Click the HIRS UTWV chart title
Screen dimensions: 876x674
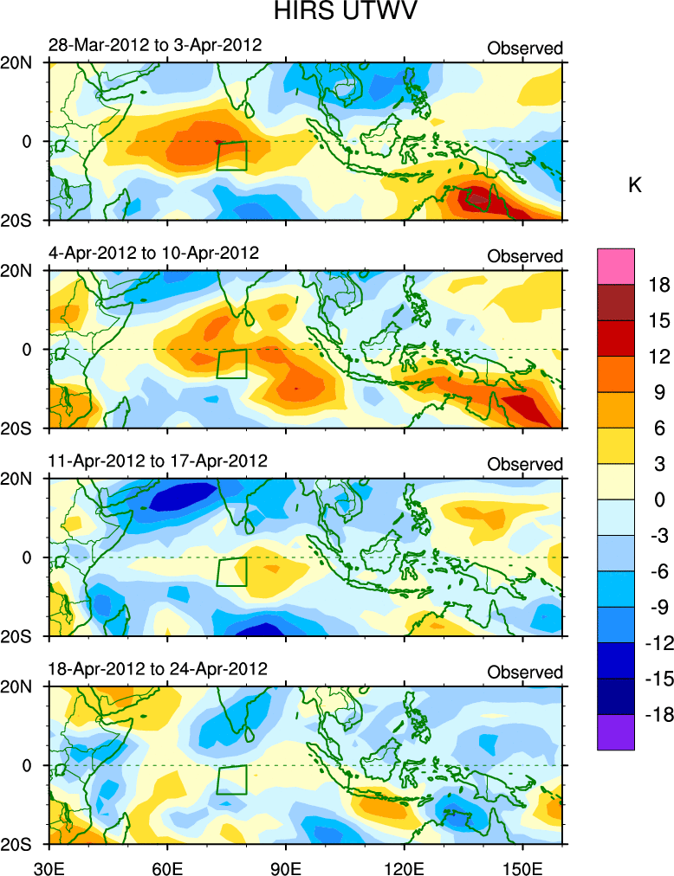pyautogui.click(x=337, y=13)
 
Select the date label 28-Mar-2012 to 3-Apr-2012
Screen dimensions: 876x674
pyautogui.click(x=155, y=45)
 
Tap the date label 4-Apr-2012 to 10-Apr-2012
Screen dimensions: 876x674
pyautogui.click(x=154, y=253)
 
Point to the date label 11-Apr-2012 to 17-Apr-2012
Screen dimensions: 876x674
pyautogui.click(x=158, y=460)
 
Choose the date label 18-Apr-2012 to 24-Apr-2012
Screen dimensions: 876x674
pyautogui.click(x=158, y=668)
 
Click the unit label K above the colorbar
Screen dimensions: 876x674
pyautogui.click(x=634, y=186)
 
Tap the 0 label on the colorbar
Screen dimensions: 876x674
pyautogui.click(x=660, y=499)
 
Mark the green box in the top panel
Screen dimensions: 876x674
pyautogui.click(x=232, y=156)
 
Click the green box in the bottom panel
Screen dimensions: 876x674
pyautogui.click(x=232, y=780)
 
